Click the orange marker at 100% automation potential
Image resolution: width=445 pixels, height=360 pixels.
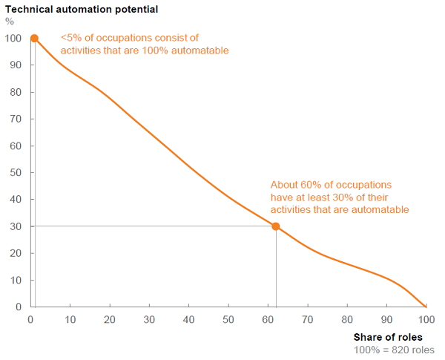coord(33,38)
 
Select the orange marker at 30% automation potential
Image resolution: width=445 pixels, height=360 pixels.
coord(276,226)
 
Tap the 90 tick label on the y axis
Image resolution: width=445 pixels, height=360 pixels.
coord(15,65)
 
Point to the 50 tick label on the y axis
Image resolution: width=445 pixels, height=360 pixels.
coord(15,173)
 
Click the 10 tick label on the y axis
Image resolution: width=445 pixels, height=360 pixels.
coord(15,281)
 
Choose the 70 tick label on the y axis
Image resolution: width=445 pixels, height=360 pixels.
coord(15,119)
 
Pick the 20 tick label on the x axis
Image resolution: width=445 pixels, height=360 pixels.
coord(110,319)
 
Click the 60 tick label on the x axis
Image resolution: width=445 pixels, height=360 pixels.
coord(268,319)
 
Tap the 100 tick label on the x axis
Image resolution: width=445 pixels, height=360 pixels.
coord(426,319)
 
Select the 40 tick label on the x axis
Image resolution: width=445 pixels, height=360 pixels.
coord(189,319)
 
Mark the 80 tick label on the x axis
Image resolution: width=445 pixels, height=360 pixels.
coord(347,319)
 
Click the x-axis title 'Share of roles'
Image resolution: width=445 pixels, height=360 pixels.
coord(394,338)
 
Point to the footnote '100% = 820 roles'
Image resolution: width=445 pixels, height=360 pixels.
coord(394,350)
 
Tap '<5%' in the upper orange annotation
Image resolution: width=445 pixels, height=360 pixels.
coord(72,37)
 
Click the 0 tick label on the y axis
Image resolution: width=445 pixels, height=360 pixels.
coord(18,307)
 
